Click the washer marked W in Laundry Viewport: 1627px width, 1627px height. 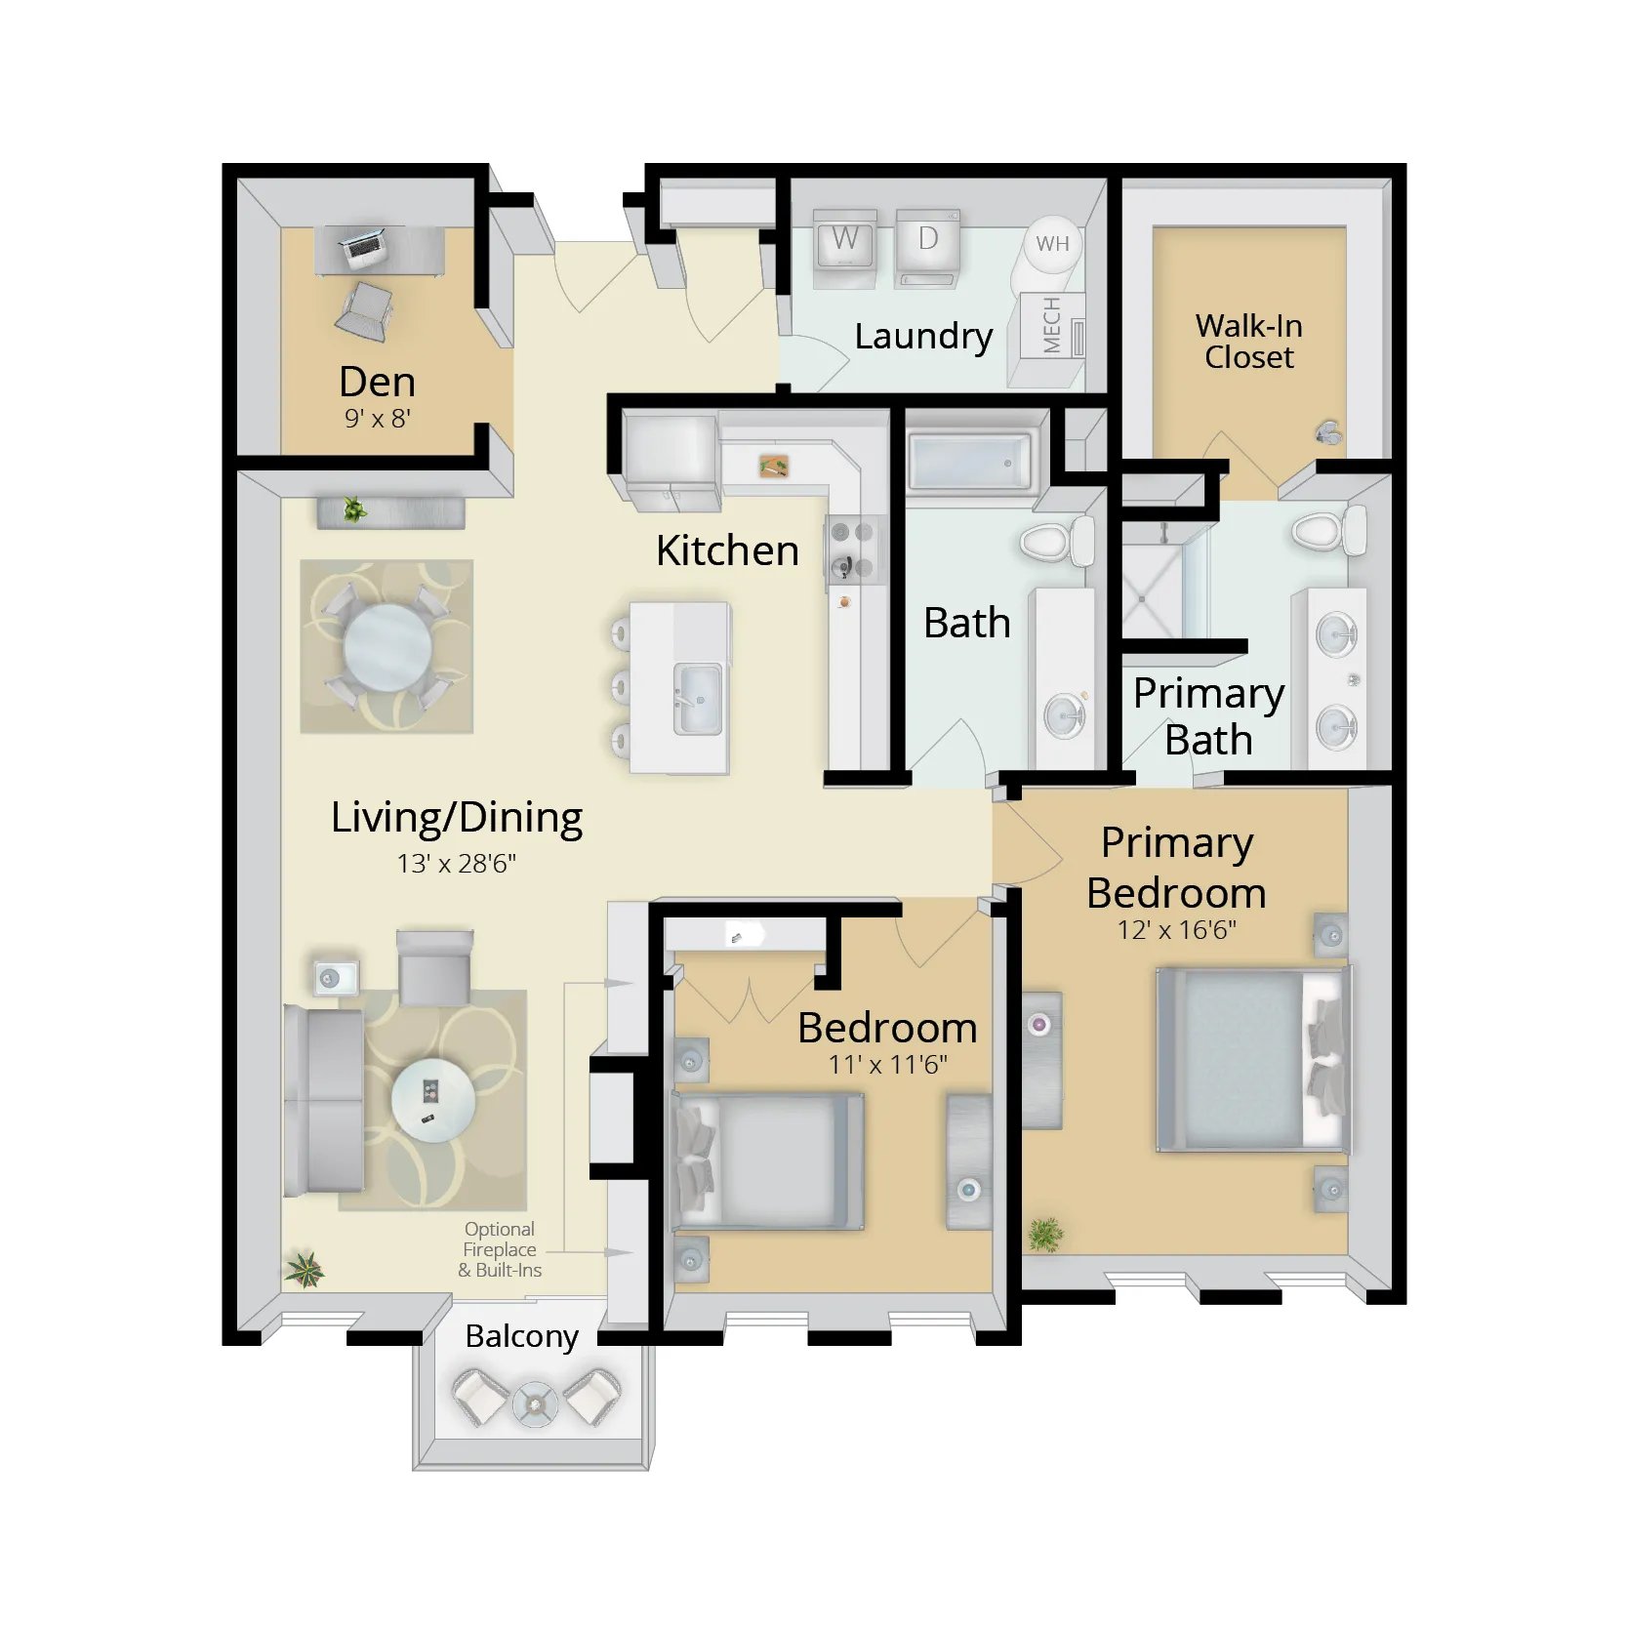coord(845,249)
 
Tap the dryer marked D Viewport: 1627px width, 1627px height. coord(928,248)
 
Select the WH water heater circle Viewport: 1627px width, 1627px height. coord(1052,244)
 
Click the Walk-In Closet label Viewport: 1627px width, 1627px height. coord(1248,342)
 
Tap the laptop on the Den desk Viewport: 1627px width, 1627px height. coord(362,247)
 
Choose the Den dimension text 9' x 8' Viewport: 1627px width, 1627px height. coord(377,419)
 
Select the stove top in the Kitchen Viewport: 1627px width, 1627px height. coord(852,551)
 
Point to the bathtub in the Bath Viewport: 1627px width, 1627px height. coord(968,462)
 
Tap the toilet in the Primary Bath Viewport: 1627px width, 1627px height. coord(1328,530)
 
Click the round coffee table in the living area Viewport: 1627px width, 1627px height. coord(433,1101)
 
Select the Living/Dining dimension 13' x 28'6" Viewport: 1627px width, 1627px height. coord(456,864)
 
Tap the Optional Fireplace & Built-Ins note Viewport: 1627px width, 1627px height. coord(500,1249)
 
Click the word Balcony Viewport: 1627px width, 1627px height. coord(522,1336)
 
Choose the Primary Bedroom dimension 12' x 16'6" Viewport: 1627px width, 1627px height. coord(1176,930)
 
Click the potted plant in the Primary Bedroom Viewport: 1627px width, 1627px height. coord(1045,1235)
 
